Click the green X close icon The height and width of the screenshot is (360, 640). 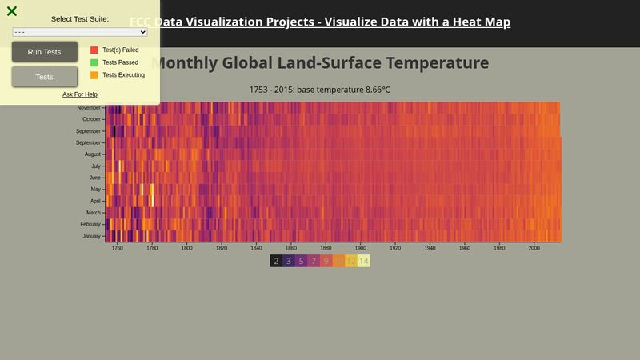click(x=12, y=11)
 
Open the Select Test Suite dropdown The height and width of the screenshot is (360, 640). click(x=80, y=32)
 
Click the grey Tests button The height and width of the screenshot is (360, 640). click(x=45, y=77)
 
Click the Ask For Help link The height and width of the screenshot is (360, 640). click(x=80, y=94)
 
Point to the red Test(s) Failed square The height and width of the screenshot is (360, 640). click(x=94, y=50)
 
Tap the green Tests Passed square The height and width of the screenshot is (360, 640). click(x=94, y=62)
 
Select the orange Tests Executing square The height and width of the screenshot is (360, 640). click(x=94, y=75)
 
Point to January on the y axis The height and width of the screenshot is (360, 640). click(x=92, y=236)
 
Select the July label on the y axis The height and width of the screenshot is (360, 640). click(x=95, y=166)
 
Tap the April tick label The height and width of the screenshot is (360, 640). click(x=95, y=201)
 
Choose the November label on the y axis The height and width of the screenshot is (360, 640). click(x=89, y=107)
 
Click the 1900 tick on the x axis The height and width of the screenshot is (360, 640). click(x=361, y=248)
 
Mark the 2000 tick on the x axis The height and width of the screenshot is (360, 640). click(x=534, y=248)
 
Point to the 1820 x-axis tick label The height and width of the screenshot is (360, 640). click(x=222, y=248)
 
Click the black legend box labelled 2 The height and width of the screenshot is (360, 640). click(x=276, y=261)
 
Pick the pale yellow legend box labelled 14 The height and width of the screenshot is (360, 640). click(x=363, y=261)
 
